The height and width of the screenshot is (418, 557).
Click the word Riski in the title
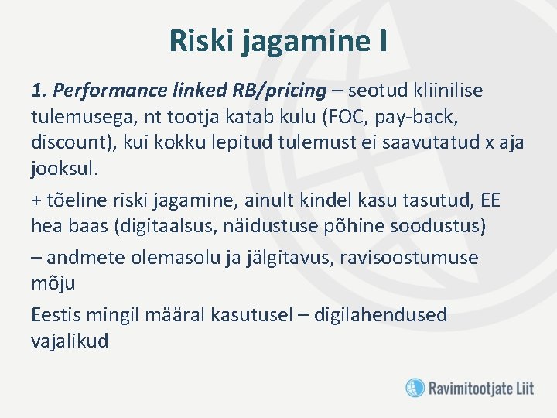pos(202,41)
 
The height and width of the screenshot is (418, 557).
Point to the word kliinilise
pos(442,91)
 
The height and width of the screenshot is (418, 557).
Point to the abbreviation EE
pos(490,200)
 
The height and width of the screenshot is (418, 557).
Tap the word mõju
pos(53,284)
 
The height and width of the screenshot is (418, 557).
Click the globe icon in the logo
pos(415,387)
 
